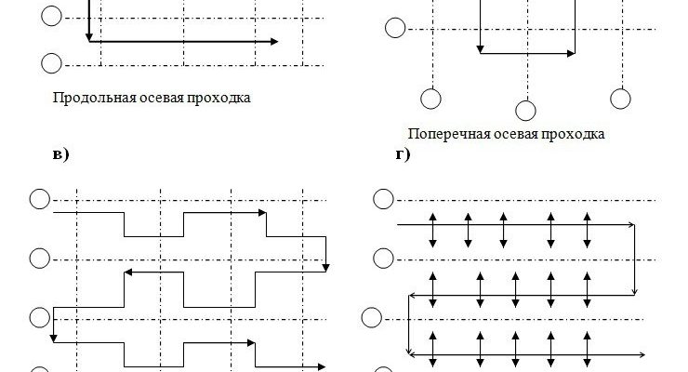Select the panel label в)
60,154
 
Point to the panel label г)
403,154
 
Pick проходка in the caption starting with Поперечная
566,134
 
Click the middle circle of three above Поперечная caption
525,109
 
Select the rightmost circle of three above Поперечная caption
620,98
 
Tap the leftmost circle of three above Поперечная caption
430,98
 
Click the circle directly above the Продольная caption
52,63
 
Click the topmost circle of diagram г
382,199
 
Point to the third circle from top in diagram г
371,318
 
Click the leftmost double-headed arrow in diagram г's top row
433,229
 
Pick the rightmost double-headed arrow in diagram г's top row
588,229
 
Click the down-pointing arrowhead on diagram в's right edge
325,268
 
